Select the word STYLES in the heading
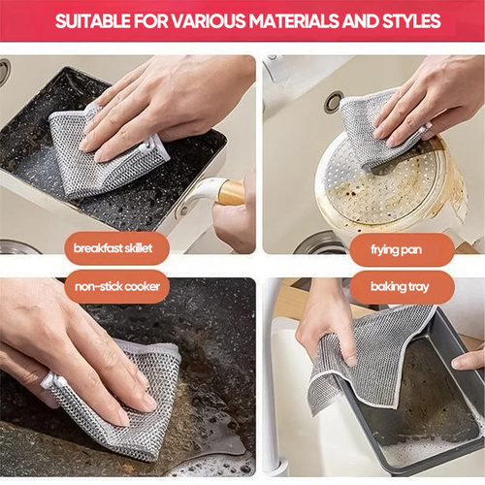407,20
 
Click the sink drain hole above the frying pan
334,100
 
